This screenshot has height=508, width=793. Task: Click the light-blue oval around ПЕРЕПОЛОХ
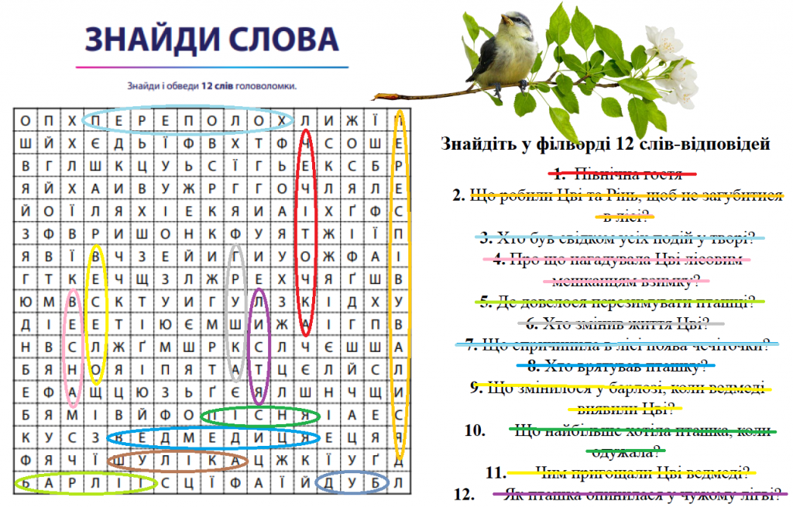pos(187,120)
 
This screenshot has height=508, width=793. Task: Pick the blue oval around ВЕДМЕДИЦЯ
pos(213,437)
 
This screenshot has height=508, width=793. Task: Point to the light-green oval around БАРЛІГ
pos(85,483)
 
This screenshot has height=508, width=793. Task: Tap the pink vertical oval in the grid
pos(73,347)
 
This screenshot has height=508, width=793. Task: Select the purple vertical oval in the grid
pos(259,347)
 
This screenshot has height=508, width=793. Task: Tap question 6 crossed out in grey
pos(624,323)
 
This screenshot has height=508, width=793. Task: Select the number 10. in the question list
pos(474,429)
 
